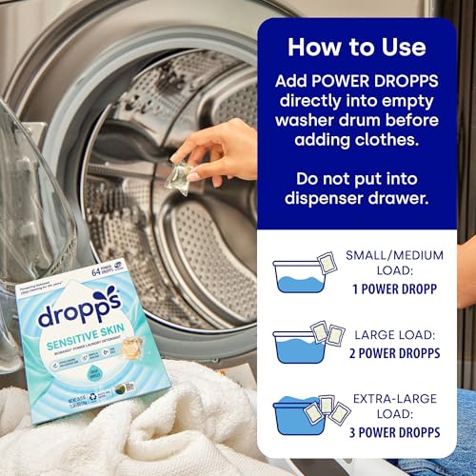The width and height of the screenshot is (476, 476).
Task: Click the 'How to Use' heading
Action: coord(356,47)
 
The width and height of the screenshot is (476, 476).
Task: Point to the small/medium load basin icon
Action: coord(300,272)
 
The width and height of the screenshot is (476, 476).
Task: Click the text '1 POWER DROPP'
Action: coord(394,284)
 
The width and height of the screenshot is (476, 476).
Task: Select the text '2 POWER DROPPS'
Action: coord(393,355)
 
